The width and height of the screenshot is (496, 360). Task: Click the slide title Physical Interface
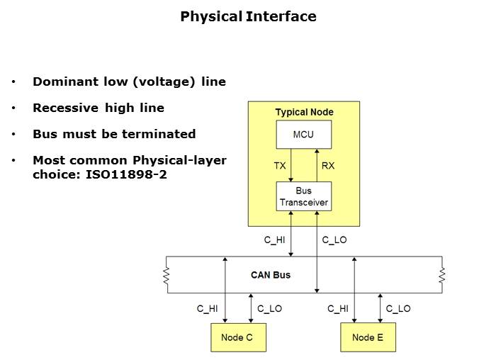(x=248, y=16)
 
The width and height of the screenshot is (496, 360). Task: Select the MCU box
(x=303, y=135)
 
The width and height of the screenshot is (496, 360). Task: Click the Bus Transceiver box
(x=303, y=196)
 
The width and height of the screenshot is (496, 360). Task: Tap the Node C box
(x=237, y=337)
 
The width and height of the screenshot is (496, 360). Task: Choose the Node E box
(x=367, y=337)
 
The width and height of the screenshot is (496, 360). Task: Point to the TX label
(x=280, y=166)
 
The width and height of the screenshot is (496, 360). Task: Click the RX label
(x=328, y=166)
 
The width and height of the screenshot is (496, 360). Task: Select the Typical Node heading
(x=304, y=112)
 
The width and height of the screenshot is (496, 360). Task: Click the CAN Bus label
(x=271, y=274)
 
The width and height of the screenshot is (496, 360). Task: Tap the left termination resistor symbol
(x=167, y=274)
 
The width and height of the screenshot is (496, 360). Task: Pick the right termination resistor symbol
(x=442, y=274)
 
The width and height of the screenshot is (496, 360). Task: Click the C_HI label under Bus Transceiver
(x=274, y=240)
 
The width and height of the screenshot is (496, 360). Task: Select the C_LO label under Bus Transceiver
(x=334, y=240)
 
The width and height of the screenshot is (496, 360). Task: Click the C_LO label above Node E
(x=398, y=308)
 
